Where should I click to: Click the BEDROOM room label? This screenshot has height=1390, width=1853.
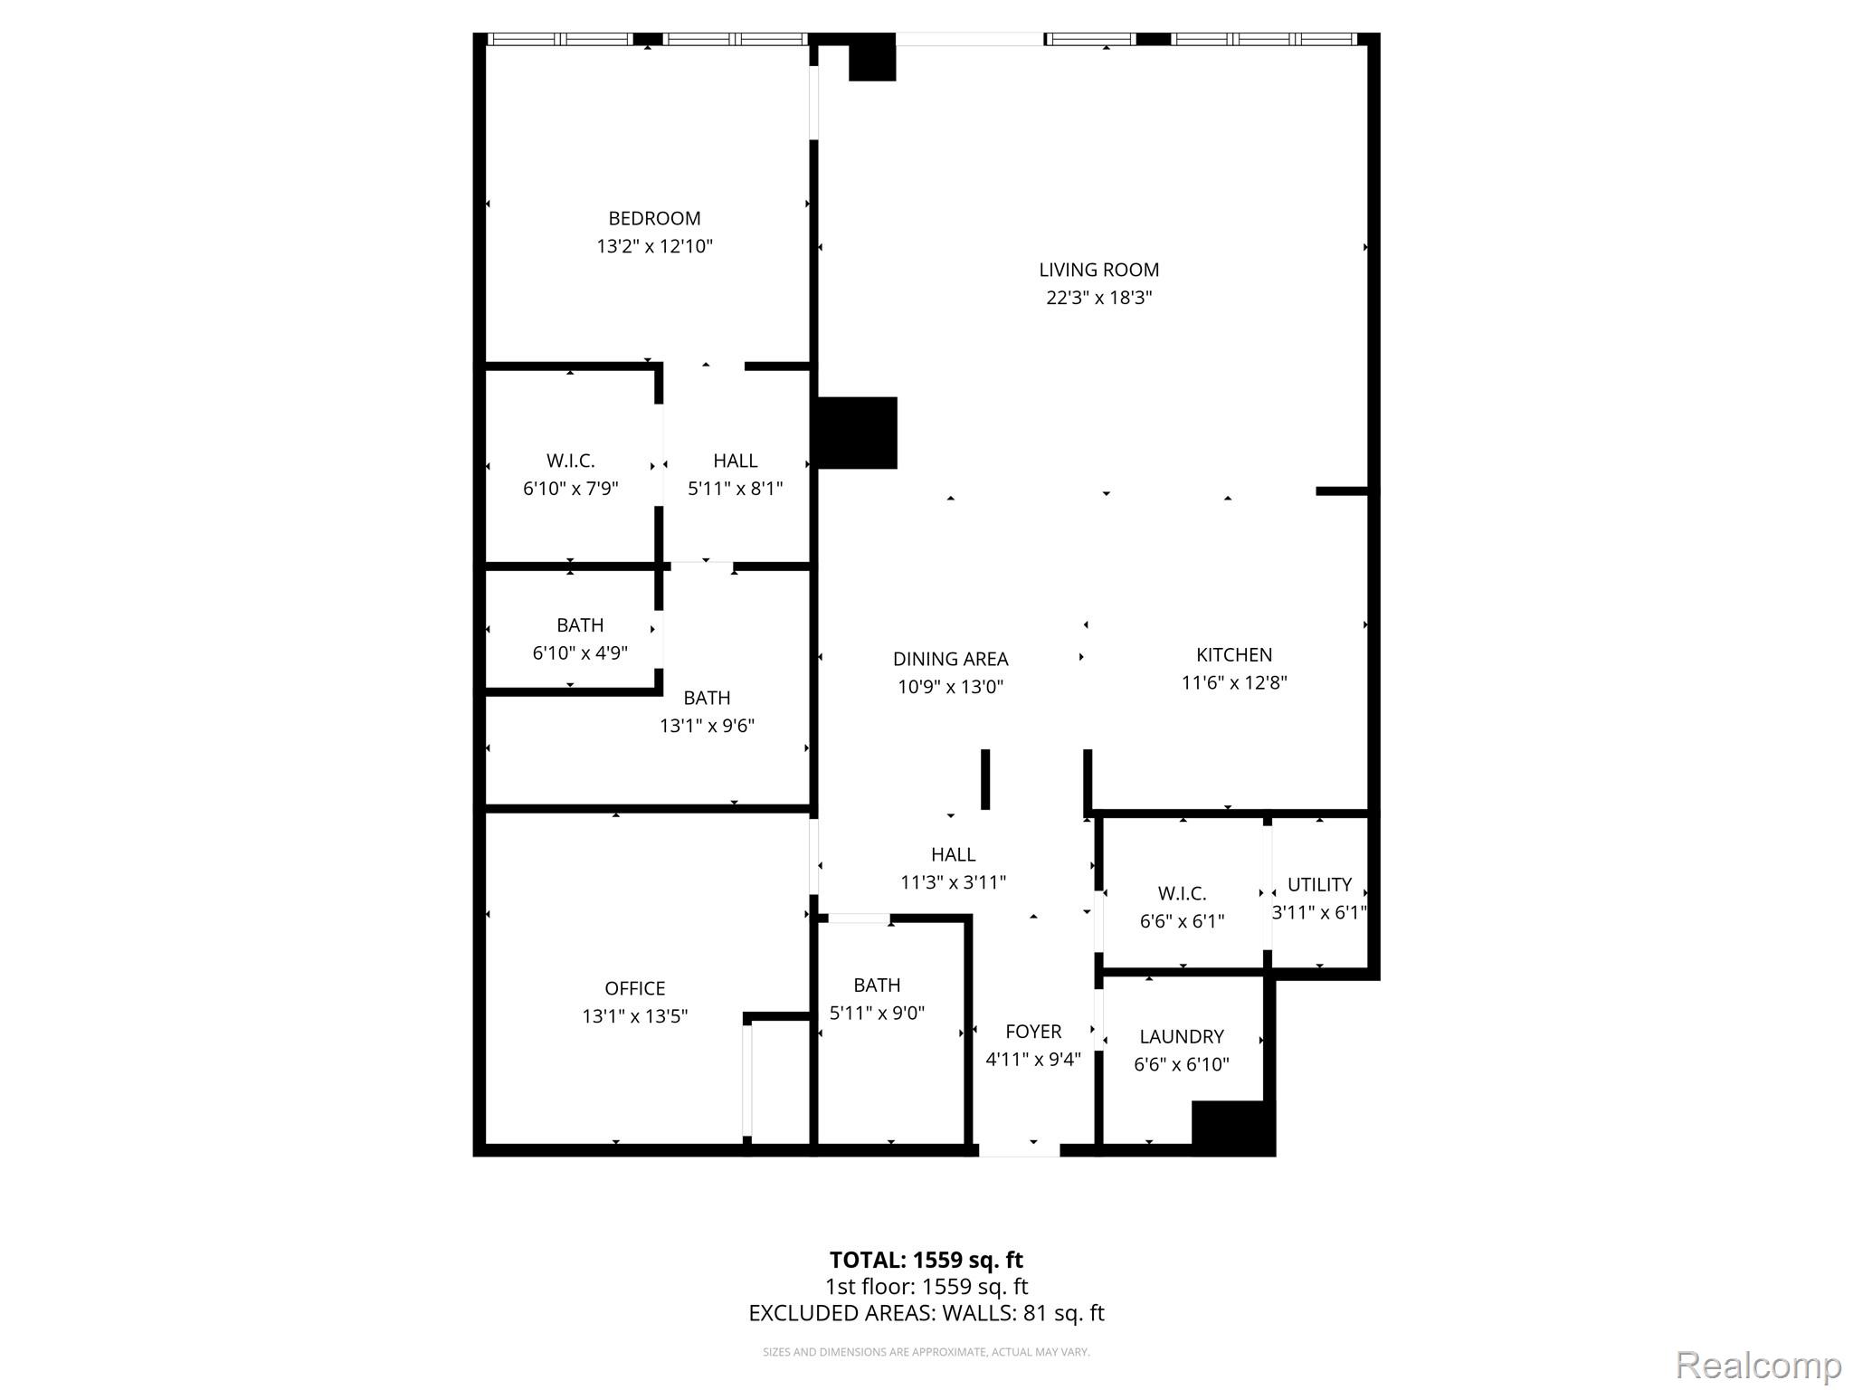click(x=654, y=218)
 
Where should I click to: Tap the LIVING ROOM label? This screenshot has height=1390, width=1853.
click(x=1098, y=270)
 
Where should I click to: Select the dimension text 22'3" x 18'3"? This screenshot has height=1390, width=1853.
click(x=1098, y=298)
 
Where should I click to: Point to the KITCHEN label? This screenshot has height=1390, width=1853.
click(x=1234, y=654)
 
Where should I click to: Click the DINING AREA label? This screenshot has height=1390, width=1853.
click(x=950, y=659)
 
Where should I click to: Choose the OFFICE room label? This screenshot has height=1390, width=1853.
click(x=634, y=988)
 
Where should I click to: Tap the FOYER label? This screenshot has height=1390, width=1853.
click(x=1033, y=1032)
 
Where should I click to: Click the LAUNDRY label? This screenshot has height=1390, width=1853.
click(x=1182, y=1036)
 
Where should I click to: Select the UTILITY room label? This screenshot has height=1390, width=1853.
click(x=1319, y=884)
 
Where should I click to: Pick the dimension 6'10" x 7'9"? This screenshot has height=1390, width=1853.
click(x=570, y=489)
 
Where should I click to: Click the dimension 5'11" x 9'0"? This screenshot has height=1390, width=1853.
click(x=877, y=1013)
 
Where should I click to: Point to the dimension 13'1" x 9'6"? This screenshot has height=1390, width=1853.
click(x=707, y=726)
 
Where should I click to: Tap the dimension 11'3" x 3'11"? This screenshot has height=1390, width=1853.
click(x=953, y=882)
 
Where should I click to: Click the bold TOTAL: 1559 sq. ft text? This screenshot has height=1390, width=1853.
click(x=926, y=1260)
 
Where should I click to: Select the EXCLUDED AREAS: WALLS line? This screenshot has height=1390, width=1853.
click(x=926, y=1313)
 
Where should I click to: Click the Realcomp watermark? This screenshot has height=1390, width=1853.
click(x=1758, y=1366)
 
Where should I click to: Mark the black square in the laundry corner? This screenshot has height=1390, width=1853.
click(x=1232, y=1128)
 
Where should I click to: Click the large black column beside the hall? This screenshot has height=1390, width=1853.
click(x=857, y=433)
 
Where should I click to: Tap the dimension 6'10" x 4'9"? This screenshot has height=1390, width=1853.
click(x=580, y=653)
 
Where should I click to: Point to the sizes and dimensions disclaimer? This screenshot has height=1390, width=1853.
click(x=926, y=1352)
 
